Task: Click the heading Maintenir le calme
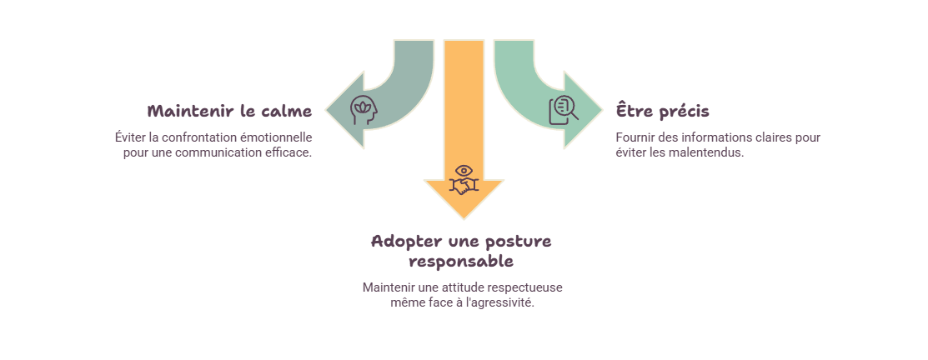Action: (x=229, y=111)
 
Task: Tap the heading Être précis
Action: (x=662, y=111)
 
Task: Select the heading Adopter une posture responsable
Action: (x=461, y=251)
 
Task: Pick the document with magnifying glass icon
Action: (x=564, y=111)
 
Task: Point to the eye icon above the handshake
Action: (x=464, y=172)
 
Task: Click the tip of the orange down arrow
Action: (x=464, y=218)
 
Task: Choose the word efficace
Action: (x=291, y=153)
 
